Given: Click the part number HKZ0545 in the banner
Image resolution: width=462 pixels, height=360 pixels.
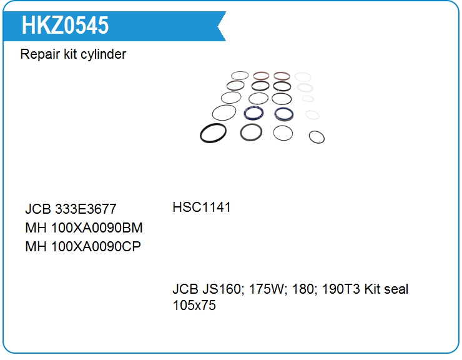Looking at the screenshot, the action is click(x=65, y=26).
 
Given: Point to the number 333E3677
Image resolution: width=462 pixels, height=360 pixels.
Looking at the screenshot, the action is click(x=86, y=209).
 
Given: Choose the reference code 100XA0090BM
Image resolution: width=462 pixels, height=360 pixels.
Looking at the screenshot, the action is click(x=97, y=227).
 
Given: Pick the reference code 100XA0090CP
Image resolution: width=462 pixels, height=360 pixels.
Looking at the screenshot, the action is click(x=96, y=246).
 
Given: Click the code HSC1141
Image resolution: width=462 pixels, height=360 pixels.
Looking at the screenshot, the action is click(x=202, y=207).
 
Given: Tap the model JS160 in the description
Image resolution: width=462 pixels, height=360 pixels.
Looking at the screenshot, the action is click(x=224, y=289).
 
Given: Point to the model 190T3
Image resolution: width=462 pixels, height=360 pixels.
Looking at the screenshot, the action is click(x=341, y=289).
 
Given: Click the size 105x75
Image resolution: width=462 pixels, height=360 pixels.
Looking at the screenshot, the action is click(x=194, y=306).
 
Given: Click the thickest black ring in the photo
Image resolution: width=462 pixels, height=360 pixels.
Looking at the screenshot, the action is click(x=200, y=133).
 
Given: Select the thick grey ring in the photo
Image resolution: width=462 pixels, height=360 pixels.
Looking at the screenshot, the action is click(x=241, y=132).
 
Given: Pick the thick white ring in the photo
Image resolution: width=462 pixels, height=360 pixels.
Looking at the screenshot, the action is click(x=305, y=84).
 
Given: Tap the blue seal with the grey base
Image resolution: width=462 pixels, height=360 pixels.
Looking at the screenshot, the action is click(x=283, y=119).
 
